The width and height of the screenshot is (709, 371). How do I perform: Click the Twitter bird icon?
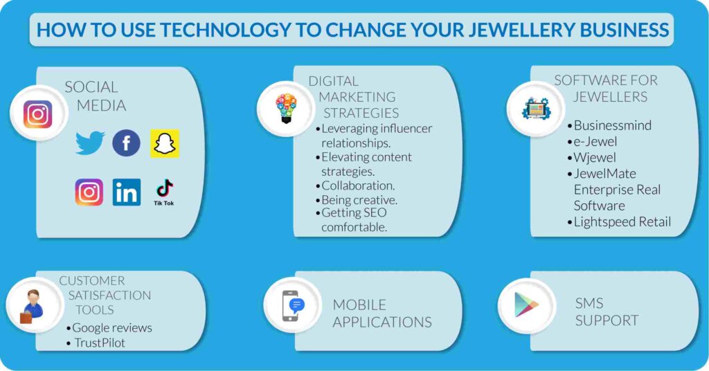90,143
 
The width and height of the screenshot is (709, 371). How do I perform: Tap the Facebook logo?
126,143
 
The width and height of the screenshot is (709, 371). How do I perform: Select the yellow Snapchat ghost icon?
165,143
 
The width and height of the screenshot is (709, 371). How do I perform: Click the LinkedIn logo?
127,192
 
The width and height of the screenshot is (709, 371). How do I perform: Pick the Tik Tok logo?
164,192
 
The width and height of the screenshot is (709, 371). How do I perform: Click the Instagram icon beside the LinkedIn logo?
89,192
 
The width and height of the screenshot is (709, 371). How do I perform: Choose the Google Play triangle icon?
526,305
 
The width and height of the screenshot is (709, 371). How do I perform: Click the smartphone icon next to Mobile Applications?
292,306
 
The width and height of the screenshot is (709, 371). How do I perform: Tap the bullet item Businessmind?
612,125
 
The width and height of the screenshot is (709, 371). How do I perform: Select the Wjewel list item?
595,157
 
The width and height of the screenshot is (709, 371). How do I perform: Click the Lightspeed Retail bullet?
622,221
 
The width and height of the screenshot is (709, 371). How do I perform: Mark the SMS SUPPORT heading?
606,311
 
